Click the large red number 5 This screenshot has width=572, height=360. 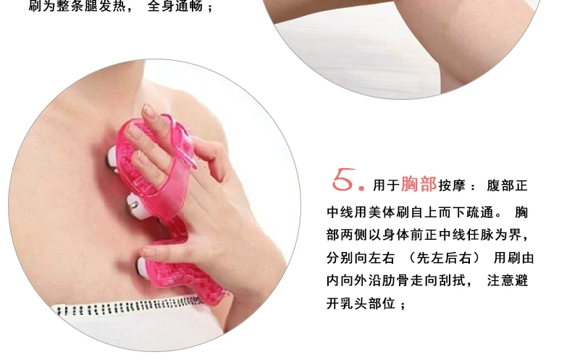pyautogui.click(x=344, y=179)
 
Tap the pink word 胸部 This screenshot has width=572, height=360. pyautogui.click(x=419, y=184)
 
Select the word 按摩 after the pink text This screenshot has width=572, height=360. pyautogui.click(x=452, y=185)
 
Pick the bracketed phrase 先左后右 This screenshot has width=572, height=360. pyautogui.click(x=444, y=258)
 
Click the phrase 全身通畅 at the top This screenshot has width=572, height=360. pyautogui.click(x=175, y=6)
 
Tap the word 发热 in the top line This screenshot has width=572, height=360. pyautogui.click(x=112, y=6)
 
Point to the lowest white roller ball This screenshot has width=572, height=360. pyautogui.click(x=144, y=267)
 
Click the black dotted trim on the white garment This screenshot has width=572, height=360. pyautogui.click(x=127, y=306)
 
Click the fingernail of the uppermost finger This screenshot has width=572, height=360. pyautogui.click(x=148, y=110)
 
